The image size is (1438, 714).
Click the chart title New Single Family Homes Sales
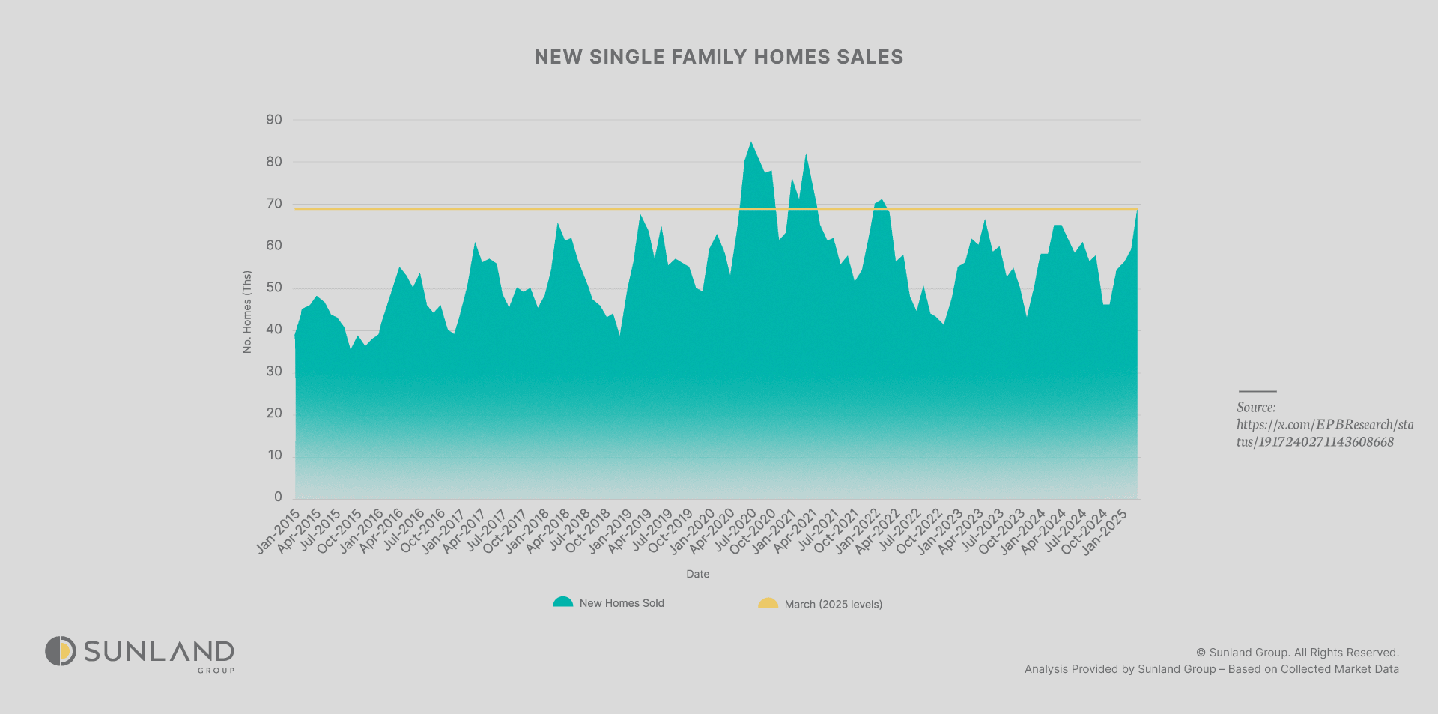click(718, 57)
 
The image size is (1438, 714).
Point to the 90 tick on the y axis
click(274, 120)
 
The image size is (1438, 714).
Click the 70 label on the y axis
click(274, 204)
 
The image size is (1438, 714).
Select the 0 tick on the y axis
click(278, 497)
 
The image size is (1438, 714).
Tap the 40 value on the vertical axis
click(274, 330)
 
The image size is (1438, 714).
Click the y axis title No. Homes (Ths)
click(247, 312)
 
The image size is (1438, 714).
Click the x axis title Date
click(697, 574)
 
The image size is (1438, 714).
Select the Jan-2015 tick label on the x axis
click(279, 532)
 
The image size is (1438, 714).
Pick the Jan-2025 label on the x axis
click(1105, 532)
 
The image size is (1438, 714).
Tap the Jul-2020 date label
click(735, 532)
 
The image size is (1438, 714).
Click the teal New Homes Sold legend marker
click(562, 602)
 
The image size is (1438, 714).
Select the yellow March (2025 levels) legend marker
click(768, 603)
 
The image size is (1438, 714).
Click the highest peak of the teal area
click(751, 142)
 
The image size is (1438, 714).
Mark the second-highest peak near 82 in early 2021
click(806, 155)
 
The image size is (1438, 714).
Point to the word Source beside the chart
click(1256, 408)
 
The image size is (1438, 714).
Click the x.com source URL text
click(1324, 433)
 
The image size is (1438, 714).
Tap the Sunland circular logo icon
click(61, 651)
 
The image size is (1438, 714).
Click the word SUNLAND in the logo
click(159, 651)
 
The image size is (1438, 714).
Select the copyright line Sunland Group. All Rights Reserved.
click(1297, 653)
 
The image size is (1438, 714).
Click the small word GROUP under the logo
click(216, 671)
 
